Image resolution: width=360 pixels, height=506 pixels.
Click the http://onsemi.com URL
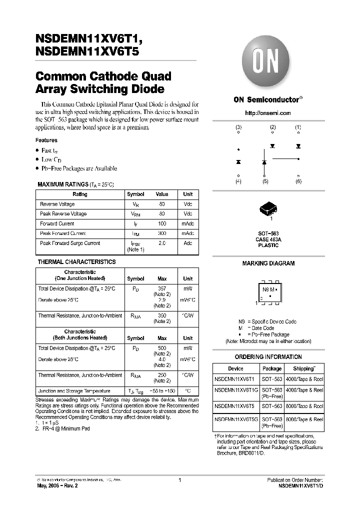click(267, 113)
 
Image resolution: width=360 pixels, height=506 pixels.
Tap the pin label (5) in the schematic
click(265, 181)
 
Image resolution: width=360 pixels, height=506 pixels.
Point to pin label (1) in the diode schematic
click(298, 127)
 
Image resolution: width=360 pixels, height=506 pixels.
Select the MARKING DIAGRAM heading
click(268, 263)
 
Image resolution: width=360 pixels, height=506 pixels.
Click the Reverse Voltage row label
click(57, 204)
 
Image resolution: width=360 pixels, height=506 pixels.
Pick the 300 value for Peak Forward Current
click(162, 233)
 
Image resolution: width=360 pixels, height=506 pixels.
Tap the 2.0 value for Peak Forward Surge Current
click(162, 243)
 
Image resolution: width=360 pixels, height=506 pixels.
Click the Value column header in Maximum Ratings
click(162, 194)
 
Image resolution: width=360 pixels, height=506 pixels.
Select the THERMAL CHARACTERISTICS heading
click(76, 262)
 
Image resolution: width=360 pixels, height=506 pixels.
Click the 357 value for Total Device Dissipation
click(162, 288)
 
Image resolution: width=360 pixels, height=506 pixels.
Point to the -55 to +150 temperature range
click(162, 391)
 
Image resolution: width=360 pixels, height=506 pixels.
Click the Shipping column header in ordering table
click(304, 368)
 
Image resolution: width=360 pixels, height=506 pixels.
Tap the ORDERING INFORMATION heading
click(268, 357)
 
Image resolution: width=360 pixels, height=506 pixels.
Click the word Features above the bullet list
click(46, 140)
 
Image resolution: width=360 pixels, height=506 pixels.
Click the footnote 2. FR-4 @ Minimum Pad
click(62, 429)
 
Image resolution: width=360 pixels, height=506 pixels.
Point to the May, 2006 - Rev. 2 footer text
click(57, 485)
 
